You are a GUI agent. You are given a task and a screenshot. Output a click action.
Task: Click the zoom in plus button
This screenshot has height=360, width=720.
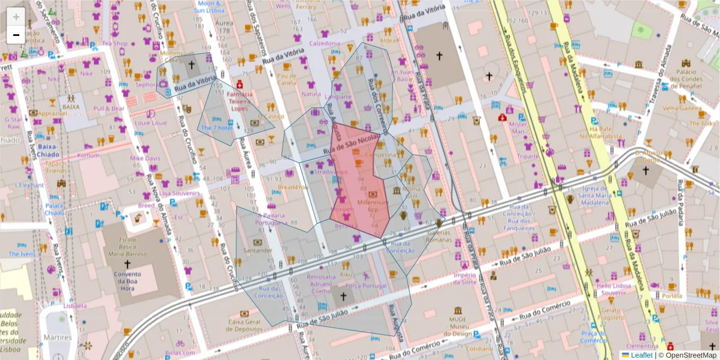[x=16, y=17]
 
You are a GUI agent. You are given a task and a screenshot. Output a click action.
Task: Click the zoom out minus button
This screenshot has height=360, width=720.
[x=16, y=35]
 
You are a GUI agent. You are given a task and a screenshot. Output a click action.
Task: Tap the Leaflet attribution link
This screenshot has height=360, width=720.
[x=641, y=355]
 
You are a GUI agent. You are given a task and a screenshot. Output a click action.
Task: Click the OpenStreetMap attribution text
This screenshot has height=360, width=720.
[x=691, y=355]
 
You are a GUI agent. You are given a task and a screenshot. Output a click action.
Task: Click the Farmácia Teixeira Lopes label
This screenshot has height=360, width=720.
[x=239, y=101]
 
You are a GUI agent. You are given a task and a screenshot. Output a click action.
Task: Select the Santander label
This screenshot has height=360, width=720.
[x=258, y=250]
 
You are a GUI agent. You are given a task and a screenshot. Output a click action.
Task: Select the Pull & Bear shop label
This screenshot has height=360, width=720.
[x=109, y=109]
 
